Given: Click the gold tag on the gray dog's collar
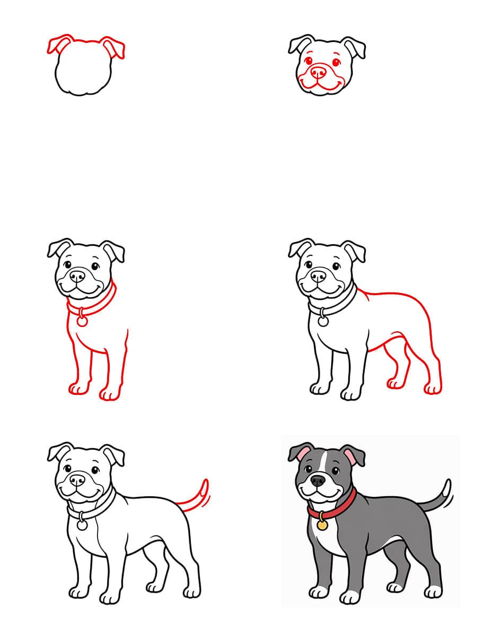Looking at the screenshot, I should [322, 525].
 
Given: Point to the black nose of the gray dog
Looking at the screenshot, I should [318, 480].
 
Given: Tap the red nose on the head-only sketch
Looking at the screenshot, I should [319, 71].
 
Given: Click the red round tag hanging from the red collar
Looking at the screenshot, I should [82, 321].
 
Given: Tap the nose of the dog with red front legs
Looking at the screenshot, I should [77, 276].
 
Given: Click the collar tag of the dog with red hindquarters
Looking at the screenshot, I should [323, 321].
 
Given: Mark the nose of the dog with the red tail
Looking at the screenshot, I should [77, 480].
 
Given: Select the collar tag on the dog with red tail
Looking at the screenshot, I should [82, 525].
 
